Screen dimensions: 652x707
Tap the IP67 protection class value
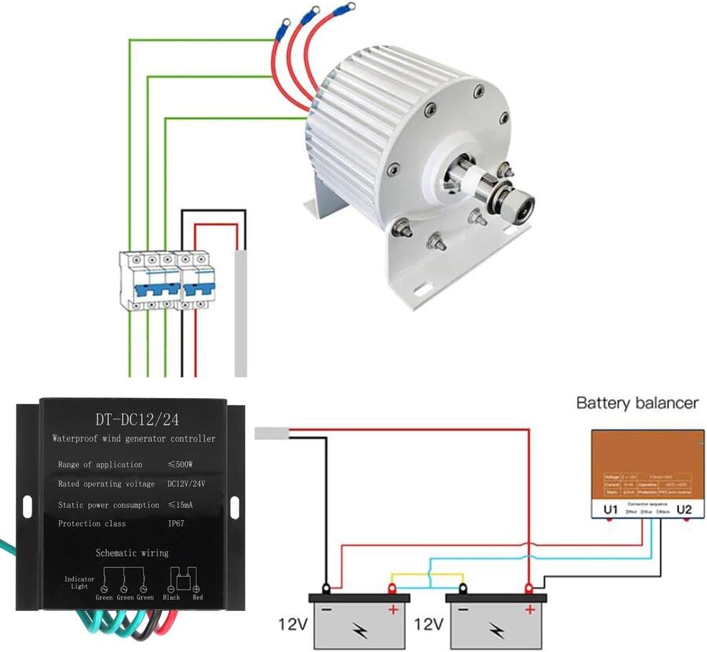tap(176, 523)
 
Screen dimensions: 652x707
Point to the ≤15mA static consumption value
tap(181, 504)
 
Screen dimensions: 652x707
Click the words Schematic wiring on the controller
tap(133, 552)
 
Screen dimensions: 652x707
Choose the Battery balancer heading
tap(637, 402)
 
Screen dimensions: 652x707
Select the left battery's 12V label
tap(293, 625)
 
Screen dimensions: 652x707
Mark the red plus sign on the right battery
tap(530, 610)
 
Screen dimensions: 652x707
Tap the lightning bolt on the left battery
tap(359, 629)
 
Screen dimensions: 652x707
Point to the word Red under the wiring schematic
tap(198, 596)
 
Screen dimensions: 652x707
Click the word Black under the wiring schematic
tap(171, 596)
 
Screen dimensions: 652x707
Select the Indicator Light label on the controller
tap(79, 582)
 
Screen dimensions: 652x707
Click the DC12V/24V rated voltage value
tap(186, 484)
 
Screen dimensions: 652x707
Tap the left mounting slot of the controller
tap(27, 506)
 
